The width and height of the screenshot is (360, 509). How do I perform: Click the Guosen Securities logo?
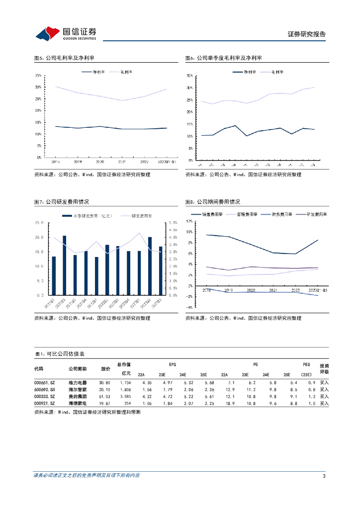tap(66, 33)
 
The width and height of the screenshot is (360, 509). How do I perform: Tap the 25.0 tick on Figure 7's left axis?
tap(40, 223)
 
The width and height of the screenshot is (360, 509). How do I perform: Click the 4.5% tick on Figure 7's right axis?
tap(173, 230)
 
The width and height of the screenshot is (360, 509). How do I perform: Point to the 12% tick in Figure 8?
tap(188, 221)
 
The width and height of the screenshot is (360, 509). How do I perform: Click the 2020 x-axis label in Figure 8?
tap(251, 290)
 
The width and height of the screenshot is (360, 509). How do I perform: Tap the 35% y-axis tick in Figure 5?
tap(38, 76)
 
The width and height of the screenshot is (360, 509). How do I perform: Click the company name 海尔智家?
tap(78, 390)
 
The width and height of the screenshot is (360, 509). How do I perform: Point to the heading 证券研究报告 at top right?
tap(307, 34)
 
